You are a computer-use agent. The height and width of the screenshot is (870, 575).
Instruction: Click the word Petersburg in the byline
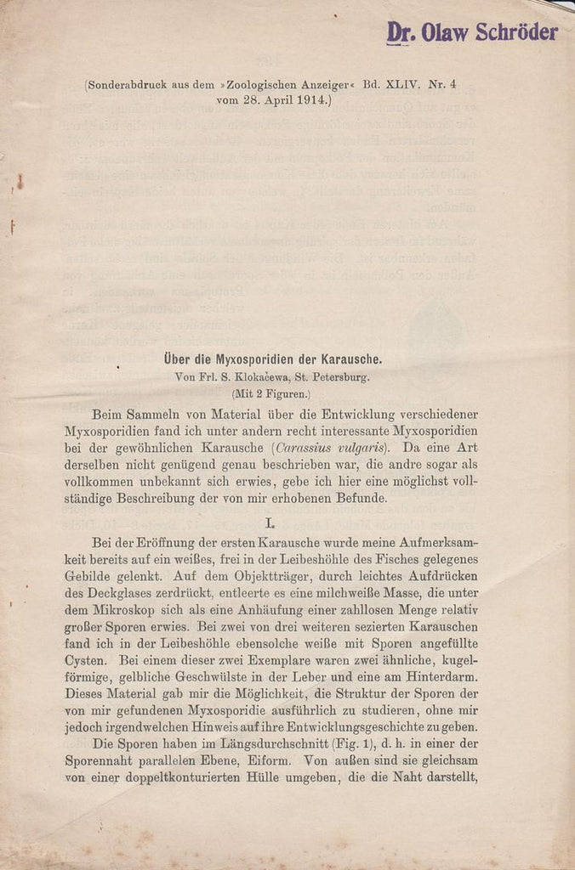341,377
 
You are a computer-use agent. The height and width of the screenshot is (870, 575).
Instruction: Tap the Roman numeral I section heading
270,524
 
